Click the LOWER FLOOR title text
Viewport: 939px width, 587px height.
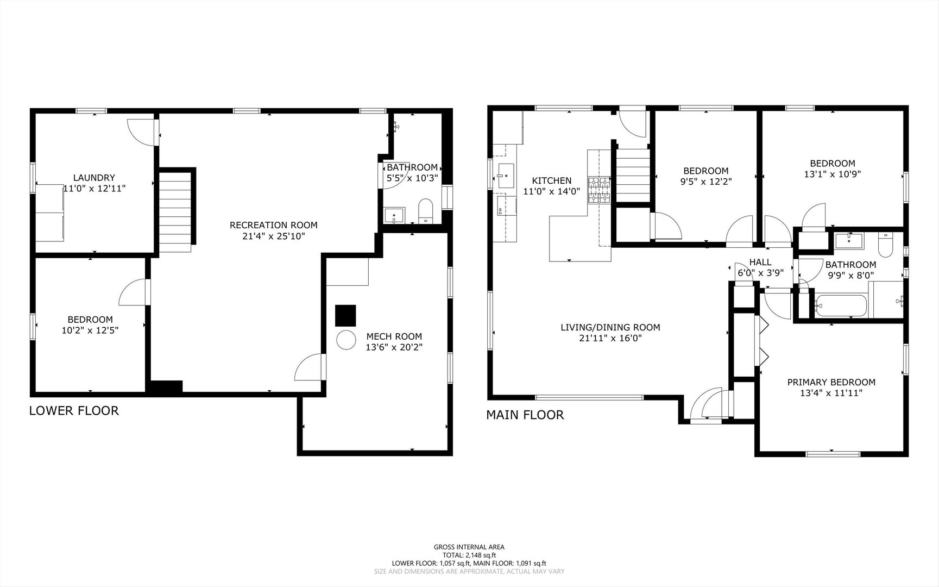coord(74,411)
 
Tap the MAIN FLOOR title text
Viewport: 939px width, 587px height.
coord(525,415)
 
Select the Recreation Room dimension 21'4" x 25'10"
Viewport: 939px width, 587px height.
coord(273,236)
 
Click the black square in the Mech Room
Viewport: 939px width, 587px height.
coord(345,315)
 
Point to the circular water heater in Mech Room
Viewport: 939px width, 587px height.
coord(346,340)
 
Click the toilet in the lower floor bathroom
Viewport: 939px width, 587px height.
coord(425,212)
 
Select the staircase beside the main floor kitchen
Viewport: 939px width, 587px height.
coord(633,174)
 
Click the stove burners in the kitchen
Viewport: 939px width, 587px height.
coord(600,190)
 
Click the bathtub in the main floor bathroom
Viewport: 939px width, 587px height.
coord(839,305)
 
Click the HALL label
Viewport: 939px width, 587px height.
coord(760,263)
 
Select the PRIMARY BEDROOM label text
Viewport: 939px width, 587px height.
coord(831,382)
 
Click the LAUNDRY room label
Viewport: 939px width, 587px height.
coord(94,178)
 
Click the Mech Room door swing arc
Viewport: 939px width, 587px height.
coord(307,367)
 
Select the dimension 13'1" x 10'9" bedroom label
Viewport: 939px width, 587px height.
coord(832,174)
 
